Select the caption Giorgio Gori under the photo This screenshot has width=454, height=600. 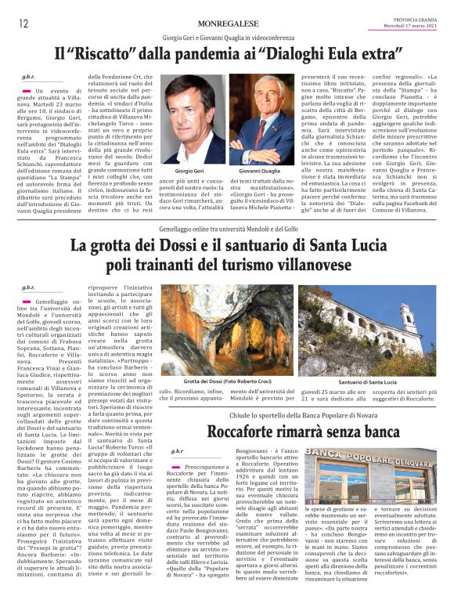[x=189, y=170]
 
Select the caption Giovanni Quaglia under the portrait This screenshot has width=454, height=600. [x=261, y=170]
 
